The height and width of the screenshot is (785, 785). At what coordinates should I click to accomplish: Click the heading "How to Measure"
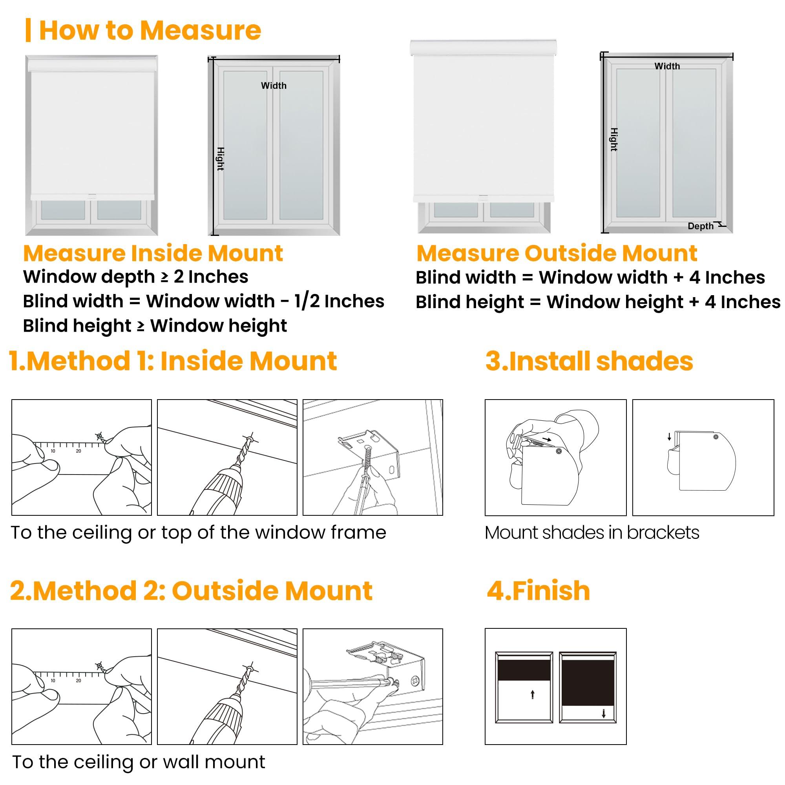[150, 30]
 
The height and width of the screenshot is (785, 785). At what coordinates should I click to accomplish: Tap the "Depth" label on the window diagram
[700, 226]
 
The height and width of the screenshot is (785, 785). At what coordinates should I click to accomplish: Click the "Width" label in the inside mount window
[274, 85]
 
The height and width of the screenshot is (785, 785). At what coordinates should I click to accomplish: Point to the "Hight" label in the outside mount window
[614, 139]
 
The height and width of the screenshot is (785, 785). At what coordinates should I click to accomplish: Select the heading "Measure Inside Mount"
[153, 253]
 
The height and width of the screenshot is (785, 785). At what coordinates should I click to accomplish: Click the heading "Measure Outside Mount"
[557, 253]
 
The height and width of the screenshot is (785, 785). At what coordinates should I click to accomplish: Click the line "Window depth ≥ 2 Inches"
[135, 277]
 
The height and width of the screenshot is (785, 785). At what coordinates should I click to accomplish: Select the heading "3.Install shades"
[589, 361]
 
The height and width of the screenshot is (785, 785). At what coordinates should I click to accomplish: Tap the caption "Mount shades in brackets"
[592, 533]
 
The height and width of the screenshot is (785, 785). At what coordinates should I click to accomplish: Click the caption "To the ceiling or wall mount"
[139, 762]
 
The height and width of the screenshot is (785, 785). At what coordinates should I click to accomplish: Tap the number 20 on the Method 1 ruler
[78, 451]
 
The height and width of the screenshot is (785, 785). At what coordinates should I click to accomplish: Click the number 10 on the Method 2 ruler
[53, 681]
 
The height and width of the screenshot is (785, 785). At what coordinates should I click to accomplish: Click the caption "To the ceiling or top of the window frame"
[198, 533]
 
